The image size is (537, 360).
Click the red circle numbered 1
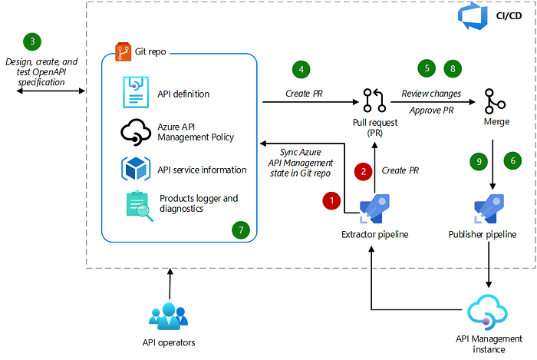(x=331, y=200)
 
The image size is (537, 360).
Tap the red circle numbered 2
(x=364, y=171)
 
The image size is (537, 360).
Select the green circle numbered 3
(x=32, y=41)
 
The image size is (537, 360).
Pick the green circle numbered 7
(x=241, y=230)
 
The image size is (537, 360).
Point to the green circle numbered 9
(x=479, y=161)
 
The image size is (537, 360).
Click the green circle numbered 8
(x=453, y=68)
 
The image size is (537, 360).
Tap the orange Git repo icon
(x=124, y=51)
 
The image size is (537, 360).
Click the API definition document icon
(x=136, y=92)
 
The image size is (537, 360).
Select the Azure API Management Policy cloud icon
(x=136, y=132)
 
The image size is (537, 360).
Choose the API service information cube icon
(x=136, y=169)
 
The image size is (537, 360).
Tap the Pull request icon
(x=374, y=101)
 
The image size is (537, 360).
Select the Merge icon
(x=495, y=101)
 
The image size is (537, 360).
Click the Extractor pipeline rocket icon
(x=374, y=209)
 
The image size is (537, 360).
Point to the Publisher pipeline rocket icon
(x=489, y=209)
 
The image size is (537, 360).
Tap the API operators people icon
(x=169, y=315)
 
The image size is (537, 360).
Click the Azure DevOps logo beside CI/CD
(x=473, y=16)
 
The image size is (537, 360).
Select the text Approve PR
(x=431, y=111)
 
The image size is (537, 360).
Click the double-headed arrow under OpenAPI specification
(x=51, y=91)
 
